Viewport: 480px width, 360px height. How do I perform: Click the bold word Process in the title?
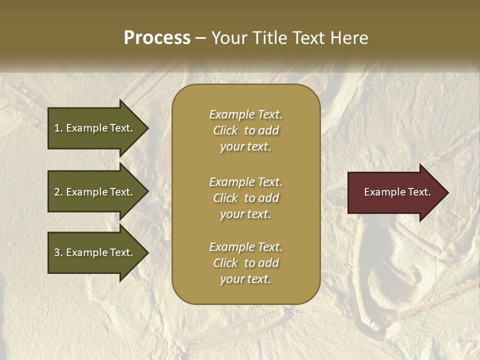click(157, 38)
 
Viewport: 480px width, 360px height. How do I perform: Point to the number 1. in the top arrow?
click(58, 128)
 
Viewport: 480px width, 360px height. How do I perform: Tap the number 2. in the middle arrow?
click(58, 192)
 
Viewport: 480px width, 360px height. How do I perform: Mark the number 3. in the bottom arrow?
click(58, 252)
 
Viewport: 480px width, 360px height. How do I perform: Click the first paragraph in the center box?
click(245, 130)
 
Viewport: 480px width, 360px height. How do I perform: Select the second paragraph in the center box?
click(245, 198)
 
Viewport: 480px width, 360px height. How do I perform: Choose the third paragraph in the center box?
click(245, 263)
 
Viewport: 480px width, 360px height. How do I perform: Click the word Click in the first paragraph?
click(225, 130)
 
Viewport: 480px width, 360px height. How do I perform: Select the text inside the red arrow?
click(397, 192)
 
